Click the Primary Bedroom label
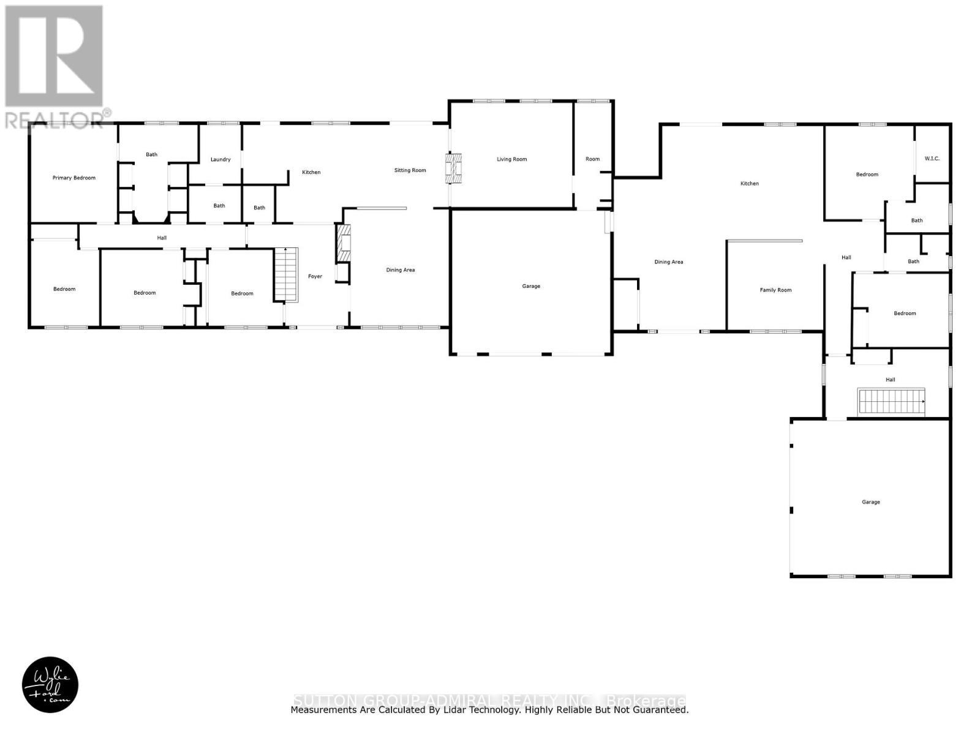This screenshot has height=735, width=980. (x=73, y=178)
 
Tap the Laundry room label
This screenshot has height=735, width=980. (x=221, y=159)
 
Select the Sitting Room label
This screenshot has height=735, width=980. (x=410, y=170)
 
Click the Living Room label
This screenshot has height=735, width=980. (x=511, y=159)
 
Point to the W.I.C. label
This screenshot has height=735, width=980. (x=932, y=159)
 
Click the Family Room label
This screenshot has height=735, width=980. (x=775, y=290)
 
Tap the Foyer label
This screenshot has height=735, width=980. (x=315, y=276)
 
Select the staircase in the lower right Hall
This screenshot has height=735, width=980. (x=891, y=401)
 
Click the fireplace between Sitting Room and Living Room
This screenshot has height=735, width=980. (x=454, y=168)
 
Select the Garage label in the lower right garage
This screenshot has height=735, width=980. (x=870, y=502)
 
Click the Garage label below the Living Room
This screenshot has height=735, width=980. (x=531, y=286)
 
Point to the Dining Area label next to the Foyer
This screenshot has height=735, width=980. (x=400, y=269)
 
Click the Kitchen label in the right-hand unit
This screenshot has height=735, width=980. (x=749, y=183)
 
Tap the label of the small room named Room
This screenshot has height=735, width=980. (x=592, y=159)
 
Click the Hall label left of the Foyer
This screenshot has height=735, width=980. (x=162, y=238)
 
